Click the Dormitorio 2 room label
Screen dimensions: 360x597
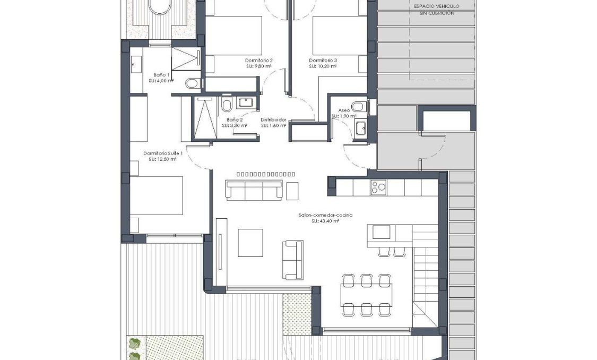(x=258, y=61)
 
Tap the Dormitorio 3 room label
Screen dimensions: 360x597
(x=323, y=61)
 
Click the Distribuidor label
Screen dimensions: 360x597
(x=273, y=120)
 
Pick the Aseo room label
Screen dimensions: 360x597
(x=344, y=110)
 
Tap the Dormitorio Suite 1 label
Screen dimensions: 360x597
(x=163, y=153)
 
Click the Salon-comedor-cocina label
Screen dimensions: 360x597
(x=325, y=215)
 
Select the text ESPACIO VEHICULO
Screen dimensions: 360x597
(x=436, y=6)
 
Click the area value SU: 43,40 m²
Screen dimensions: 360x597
(x=325, y=221)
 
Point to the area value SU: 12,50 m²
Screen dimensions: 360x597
(x=163, y=159)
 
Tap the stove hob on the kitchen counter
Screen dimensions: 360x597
(x=378, y=187)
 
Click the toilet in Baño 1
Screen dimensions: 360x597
(x=193, y=83)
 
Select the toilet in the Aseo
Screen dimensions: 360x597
(x=359, y=108)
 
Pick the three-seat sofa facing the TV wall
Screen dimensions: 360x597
(x=254, y=190)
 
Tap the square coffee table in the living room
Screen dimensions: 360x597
(x=250, y=243)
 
